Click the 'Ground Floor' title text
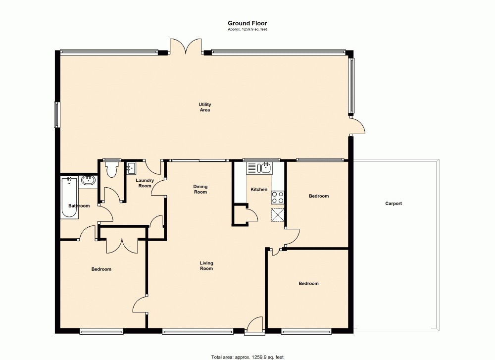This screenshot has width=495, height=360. (x=247, y=23)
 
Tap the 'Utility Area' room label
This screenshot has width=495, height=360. (x=205, y=107)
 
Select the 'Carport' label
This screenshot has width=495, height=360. (x=394, y=204)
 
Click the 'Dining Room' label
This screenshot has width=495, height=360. (x=200, y=189)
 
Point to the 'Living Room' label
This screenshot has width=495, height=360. (x=206, y=266)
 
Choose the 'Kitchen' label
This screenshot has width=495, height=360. (x=259, y=190)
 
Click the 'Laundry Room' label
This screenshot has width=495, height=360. (x=145, y=183)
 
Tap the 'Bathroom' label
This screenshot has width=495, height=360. (x=79, y=206)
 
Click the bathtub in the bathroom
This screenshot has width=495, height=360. (x=69, y=198)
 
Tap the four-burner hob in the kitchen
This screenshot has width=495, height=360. (x=278, y=198)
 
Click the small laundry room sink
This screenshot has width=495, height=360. (x=131, y=168)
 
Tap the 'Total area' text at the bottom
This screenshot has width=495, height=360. (x=247, y=357)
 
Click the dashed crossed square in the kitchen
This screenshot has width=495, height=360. (x=278, y=215)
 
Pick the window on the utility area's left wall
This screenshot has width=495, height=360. (x=57, y=114)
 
